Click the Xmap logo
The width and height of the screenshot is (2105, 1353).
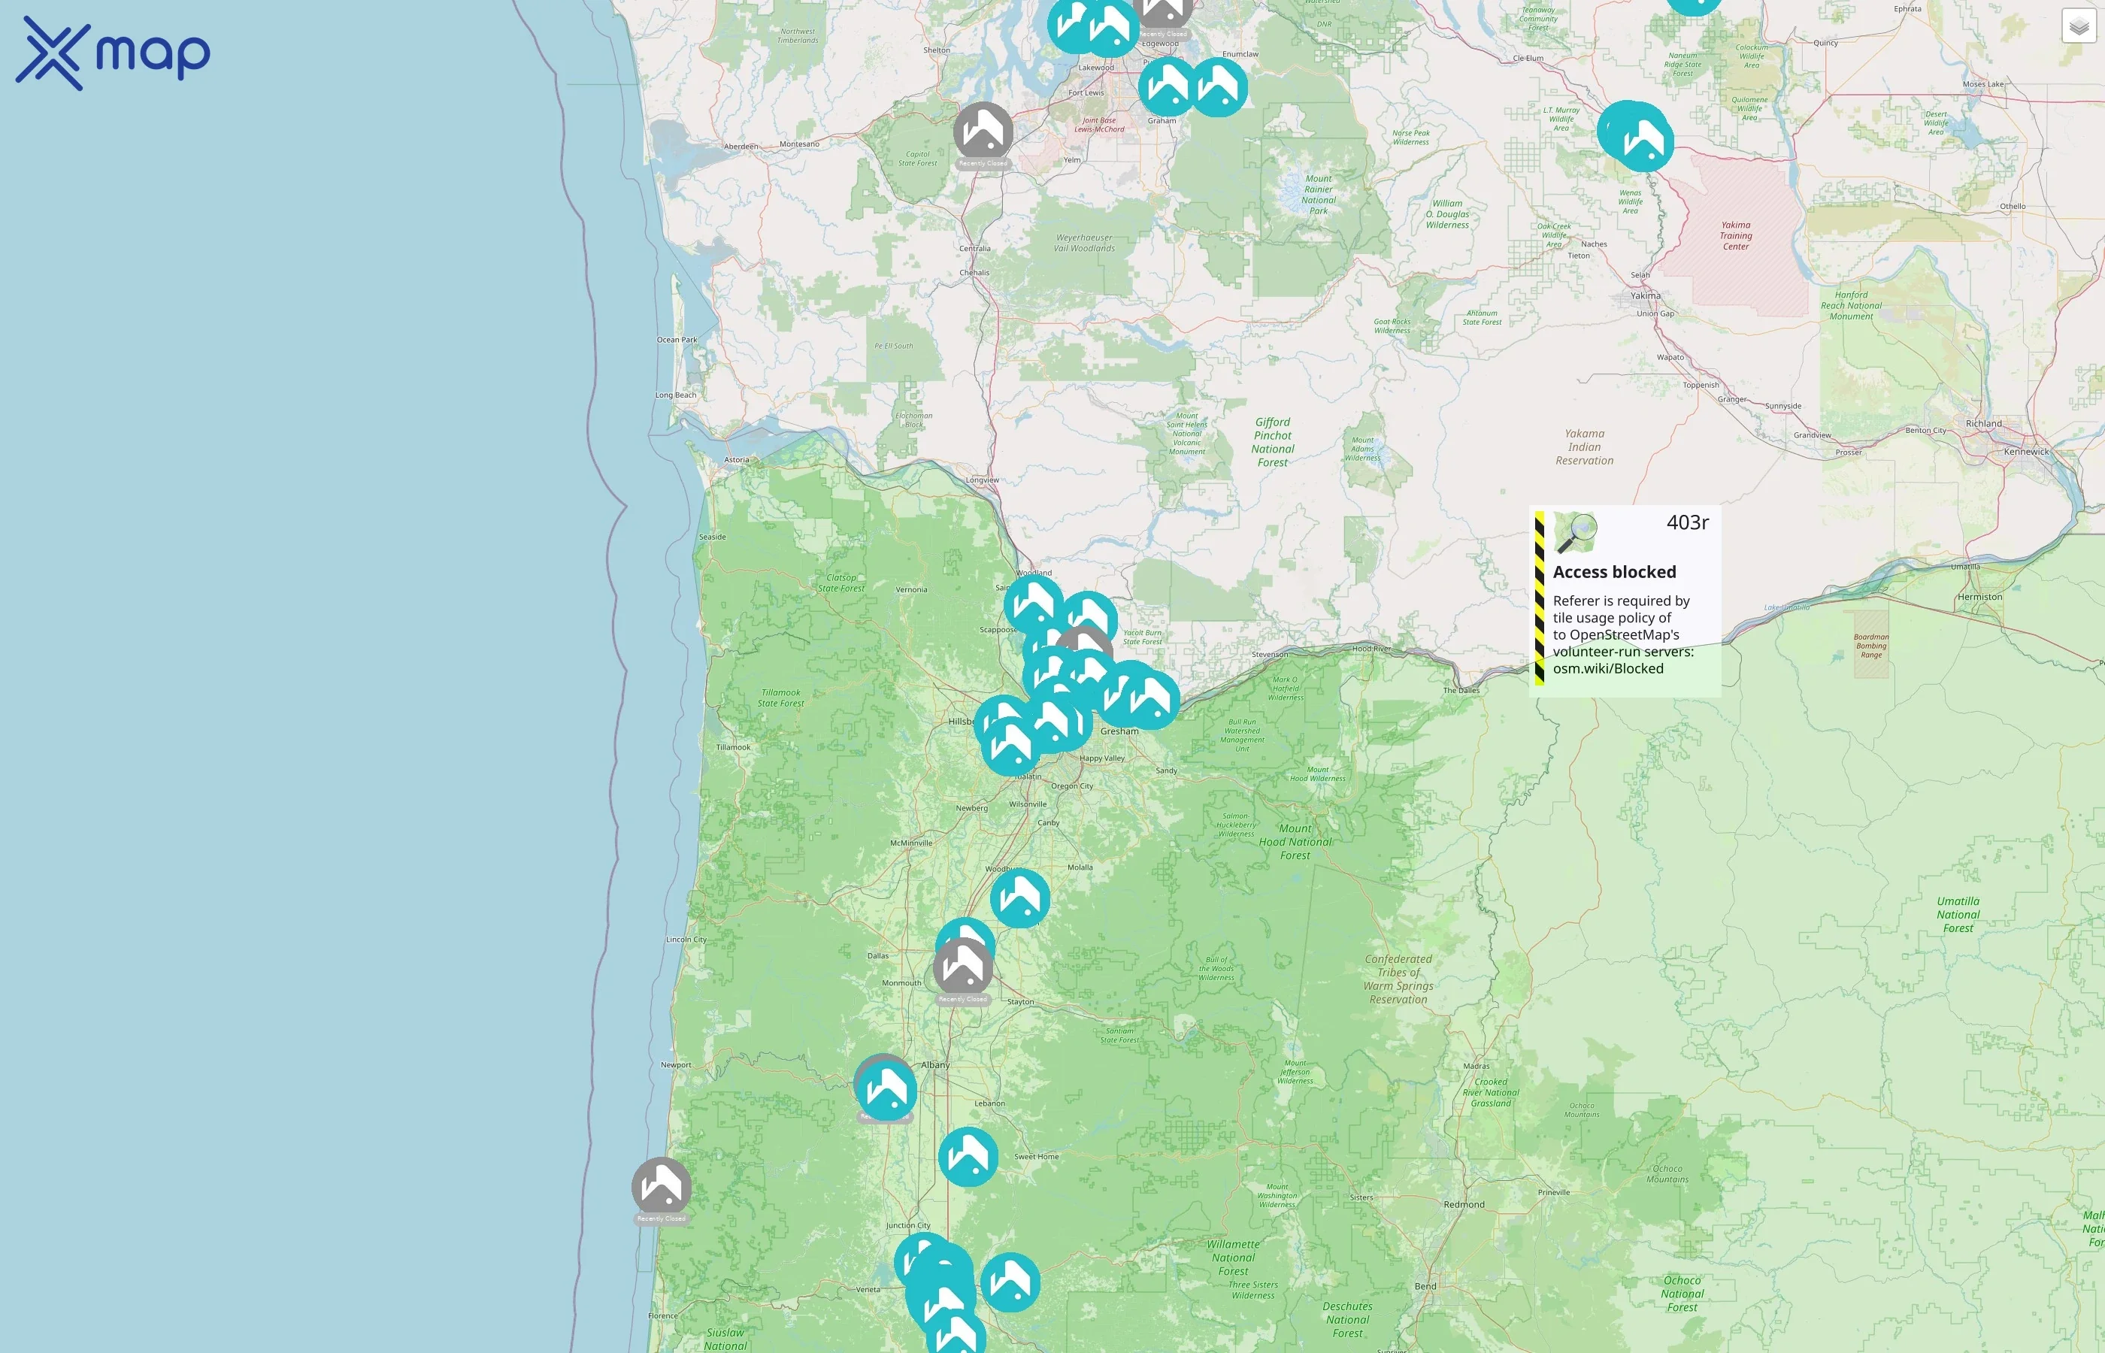(113, 53)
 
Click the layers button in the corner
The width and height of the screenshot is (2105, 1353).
(2078, 26)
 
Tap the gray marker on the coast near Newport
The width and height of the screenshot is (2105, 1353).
(661, 1187)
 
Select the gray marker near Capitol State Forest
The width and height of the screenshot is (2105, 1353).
(983, 132)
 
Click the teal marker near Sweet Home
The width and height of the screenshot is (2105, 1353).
(968, 1156)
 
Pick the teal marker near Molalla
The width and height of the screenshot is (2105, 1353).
(1020, 898)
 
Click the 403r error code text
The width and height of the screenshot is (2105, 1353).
(1687, 522)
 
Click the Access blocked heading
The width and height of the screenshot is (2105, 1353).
(1614, 572)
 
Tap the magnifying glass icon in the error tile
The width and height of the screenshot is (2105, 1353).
(1575, 532)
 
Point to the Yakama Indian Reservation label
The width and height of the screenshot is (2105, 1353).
(1584, 447)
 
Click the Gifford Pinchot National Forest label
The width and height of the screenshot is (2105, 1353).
(1272, 442)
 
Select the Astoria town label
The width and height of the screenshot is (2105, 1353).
(736, 459)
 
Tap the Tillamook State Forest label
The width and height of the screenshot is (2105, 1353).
(780, 698)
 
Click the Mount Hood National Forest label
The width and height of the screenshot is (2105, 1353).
(1295, 842)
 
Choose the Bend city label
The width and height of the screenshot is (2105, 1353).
(1425, 1286)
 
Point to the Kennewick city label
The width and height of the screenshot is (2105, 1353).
(2026, 452)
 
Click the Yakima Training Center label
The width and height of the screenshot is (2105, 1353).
(1735, 235)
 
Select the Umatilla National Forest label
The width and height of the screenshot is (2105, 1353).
(1958, 915)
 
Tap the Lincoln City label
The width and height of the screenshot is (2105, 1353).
(686, 939)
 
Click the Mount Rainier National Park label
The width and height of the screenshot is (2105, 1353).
(1318, 194)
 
